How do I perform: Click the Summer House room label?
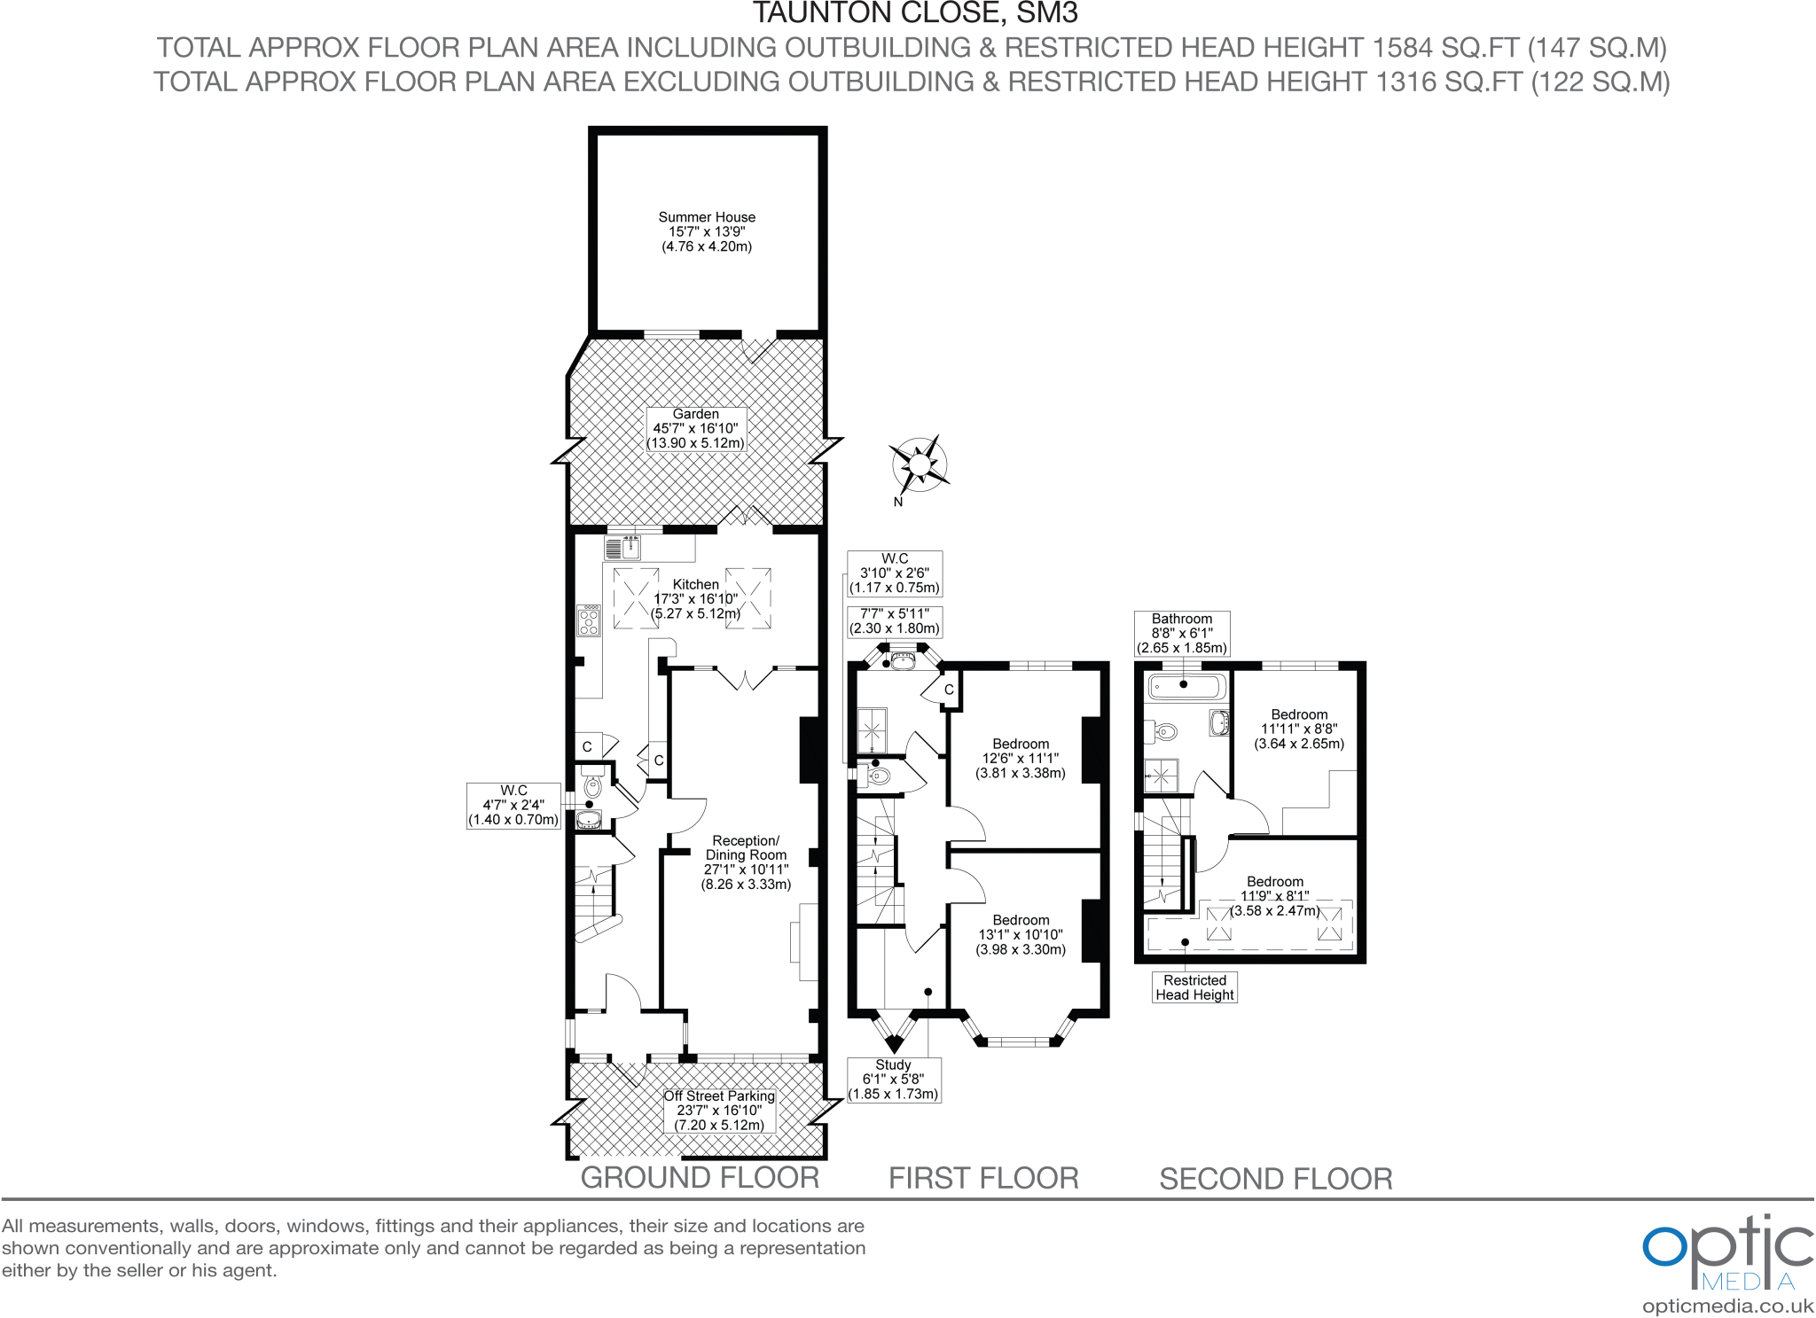pyautogui.click(x=707, y=231)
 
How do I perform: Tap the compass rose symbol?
pyautogui.click(x=919, y=464)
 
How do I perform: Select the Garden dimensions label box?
pyautogui.click(x=696, y=429)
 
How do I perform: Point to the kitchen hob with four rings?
pyautogui.click(x=589, y=620)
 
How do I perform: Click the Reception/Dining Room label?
pyautogui.click(x=746, y=862)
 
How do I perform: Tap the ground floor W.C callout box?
pyautogui.click(x=513, y=806)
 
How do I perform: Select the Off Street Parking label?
pyautogui.click(x=719, y=1110)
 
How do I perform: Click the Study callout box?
pyautogui.click(x=893, y=1080)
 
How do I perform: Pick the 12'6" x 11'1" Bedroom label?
pyautogui.click(x=1021, y=759)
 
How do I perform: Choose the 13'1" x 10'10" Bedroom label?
pyautogui.click(x=1021, y=935)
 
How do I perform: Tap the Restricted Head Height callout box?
pyautogui.click(x=1194, y=987)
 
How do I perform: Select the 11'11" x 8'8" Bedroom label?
pyautogui.click(x=1299, y=729)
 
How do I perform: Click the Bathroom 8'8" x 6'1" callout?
pyautogui.click(x=1182, y=633)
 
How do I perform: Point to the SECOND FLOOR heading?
pyautogui.click(x=1275, y=1179)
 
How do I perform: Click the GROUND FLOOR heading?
pyautogui.click(x=700, y=1178)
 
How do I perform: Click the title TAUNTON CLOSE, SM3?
pyautogui.click(x=914, y=13)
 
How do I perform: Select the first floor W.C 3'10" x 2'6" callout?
pyautogui.click(x=894, y=573)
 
